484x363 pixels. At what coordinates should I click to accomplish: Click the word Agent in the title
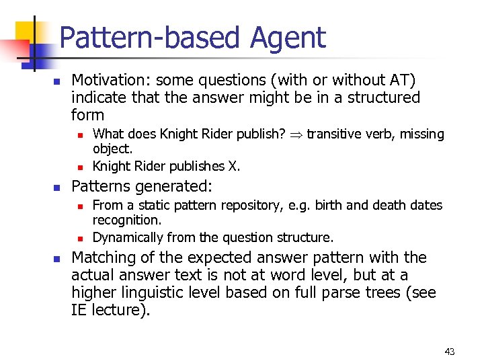click(288, 38)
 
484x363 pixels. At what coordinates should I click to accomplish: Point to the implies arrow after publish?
click(296, 134)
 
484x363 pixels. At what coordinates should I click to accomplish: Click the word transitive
click(334, 134)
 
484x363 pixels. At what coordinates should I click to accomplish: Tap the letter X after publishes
click(233, 166)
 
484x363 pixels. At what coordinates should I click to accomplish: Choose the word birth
click(307, 205)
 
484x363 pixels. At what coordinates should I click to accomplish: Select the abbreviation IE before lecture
click(81, 310)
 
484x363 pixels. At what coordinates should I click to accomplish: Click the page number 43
click(450, 352)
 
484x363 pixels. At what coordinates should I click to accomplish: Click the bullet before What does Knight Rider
click(79, 135)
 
